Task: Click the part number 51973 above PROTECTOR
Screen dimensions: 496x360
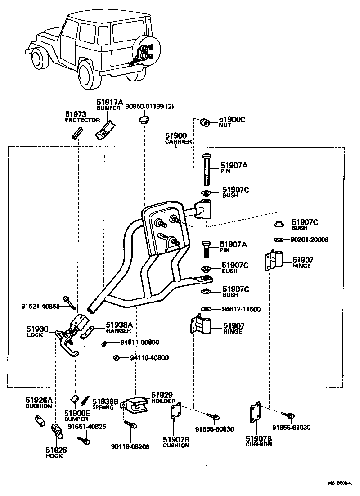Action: click(x=76, y=115)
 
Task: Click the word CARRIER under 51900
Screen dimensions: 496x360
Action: click(x=179, y=141)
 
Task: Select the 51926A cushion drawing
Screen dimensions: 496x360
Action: click(x=39, y=421)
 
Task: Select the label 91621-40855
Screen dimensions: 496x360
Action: click(x=40, y=306)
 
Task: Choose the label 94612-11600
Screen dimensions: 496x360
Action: click(x=241, y=309)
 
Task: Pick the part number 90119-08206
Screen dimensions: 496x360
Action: click(x=131, y=446)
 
